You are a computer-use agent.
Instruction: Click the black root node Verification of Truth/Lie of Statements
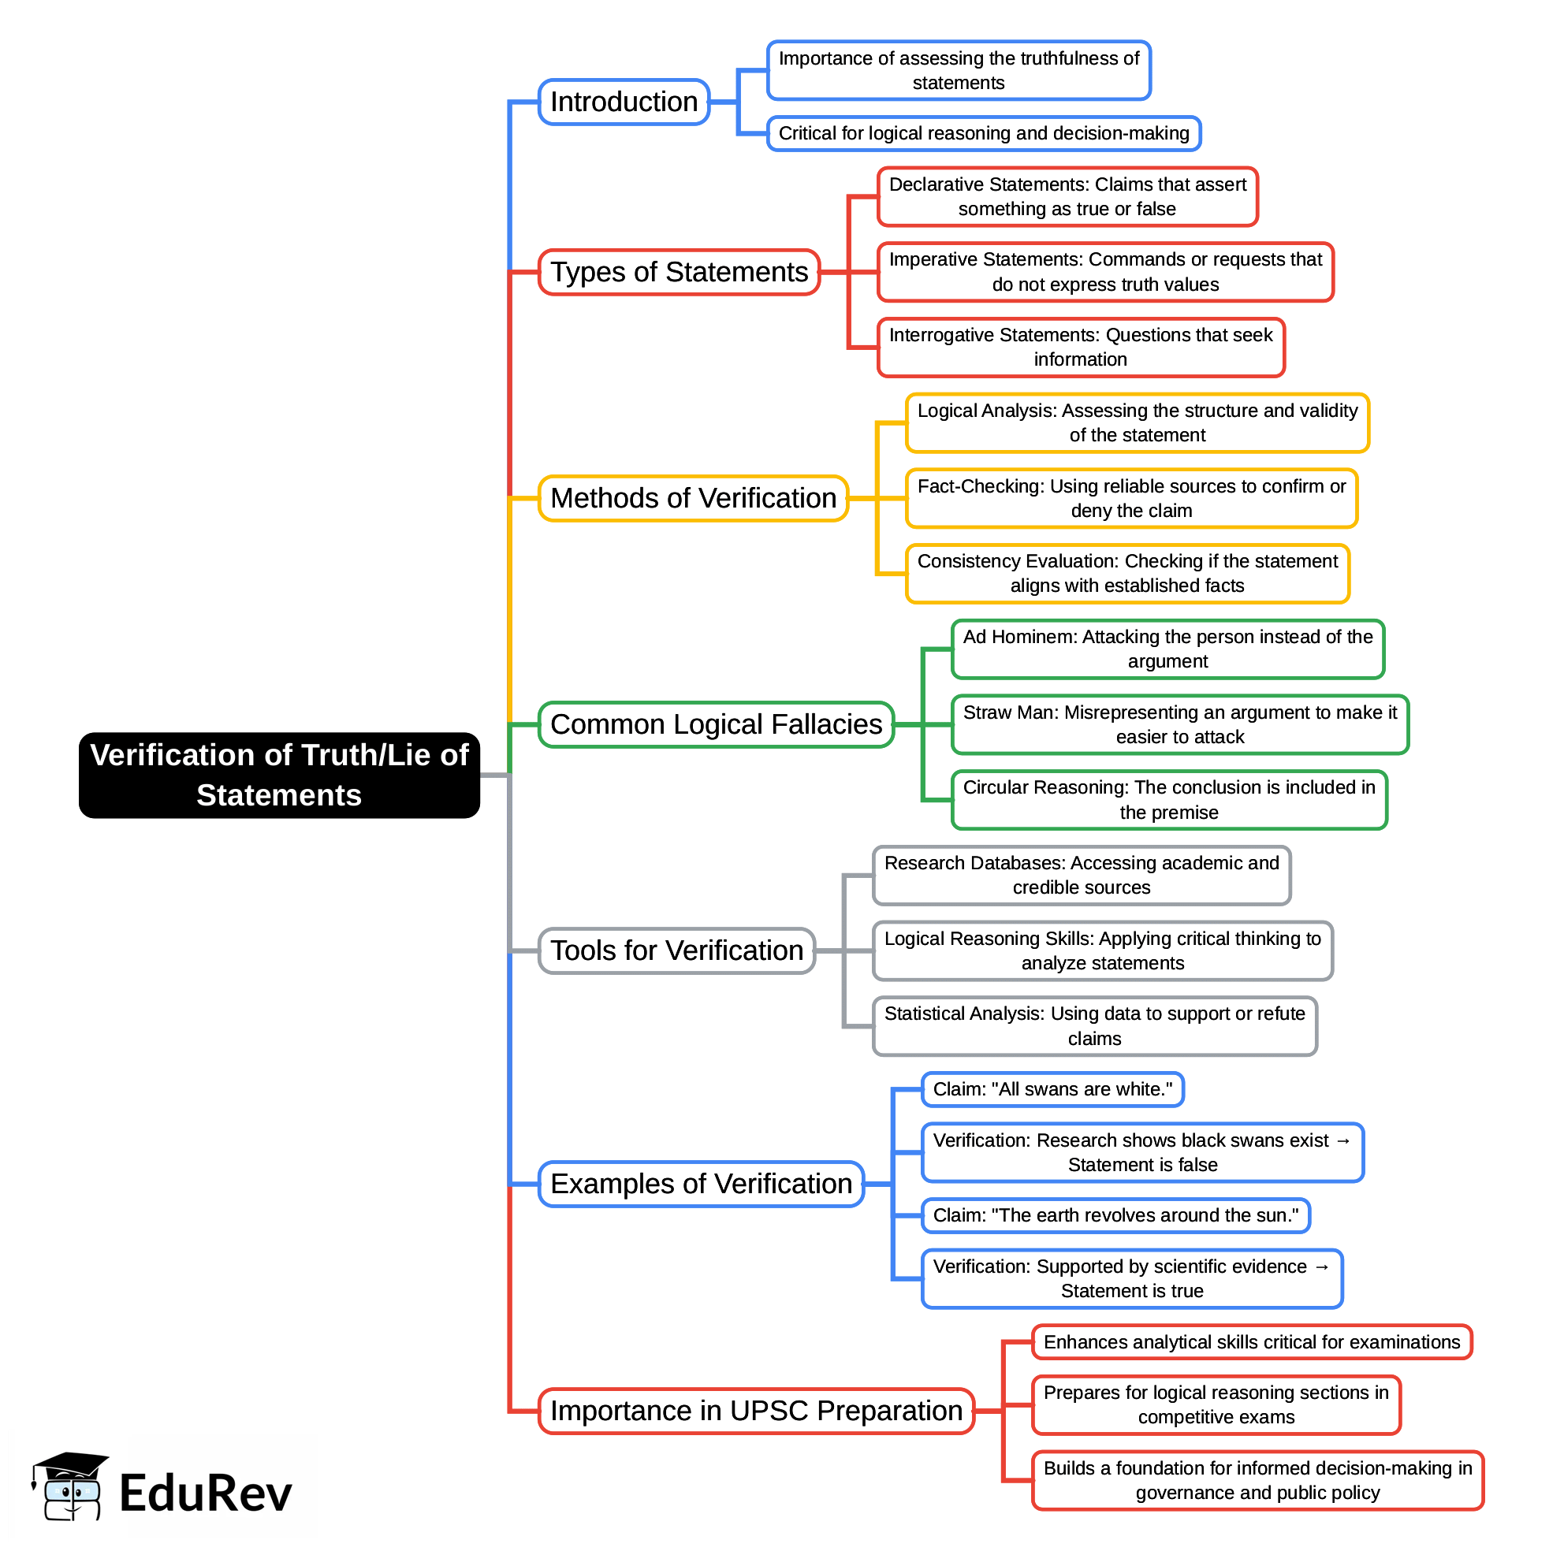(279, 775)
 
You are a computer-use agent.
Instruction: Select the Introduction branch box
(624, 102)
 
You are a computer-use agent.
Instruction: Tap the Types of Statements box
(680, 272)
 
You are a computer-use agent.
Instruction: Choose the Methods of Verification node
(693, 498)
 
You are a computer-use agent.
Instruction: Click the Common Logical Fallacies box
(716, 724)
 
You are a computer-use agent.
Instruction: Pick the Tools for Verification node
(677, 950)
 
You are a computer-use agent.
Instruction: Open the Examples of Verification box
(701, 1185)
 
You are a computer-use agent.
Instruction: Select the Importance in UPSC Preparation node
(756, 1411)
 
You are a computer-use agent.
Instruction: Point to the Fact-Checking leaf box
(1131, 499)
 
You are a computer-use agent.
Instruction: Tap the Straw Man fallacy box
(1179, 724)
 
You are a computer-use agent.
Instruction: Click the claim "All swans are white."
(1052, 1090)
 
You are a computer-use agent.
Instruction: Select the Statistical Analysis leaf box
(1094, 1025)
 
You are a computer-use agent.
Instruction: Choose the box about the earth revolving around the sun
(1115, 1216)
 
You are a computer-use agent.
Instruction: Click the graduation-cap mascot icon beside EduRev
(68, 1486)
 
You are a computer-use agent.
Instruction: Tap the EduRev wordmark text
(205, 1494)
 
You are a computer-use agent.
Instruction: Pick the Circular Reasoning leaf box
(1169, 800)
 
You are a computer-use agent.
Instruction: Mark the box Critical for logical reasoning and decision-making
(984, 133)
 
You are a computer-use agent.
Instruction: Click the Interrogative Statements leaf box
(1081, 348)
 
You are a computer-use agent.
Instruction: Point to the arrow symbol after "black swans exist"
(1344, 1140)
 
